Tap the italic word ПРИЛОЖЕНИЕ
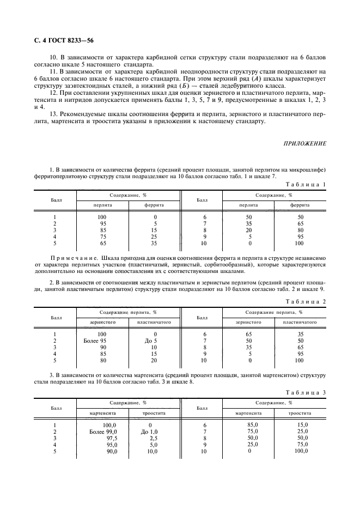306,143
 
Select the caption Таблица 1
306,185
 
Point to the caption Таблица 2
306,301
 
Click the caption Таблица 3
306,392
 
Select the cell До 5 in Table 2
147,340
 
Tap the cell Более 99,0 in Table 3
103,431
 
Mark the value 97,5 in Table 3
110,438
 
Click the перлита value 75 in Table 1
102,236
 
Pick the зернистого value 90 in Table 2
102,347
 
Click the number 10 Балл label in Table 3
204,451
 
